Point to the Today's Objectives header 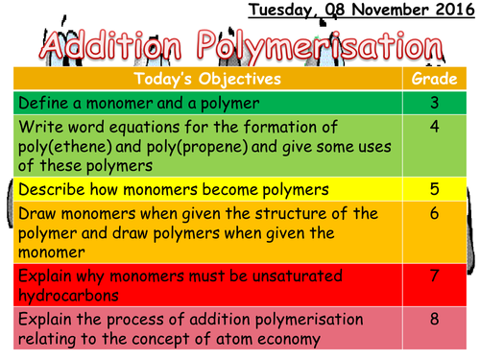tap(207, 78)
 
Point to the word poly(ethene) tap(61, 142)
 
